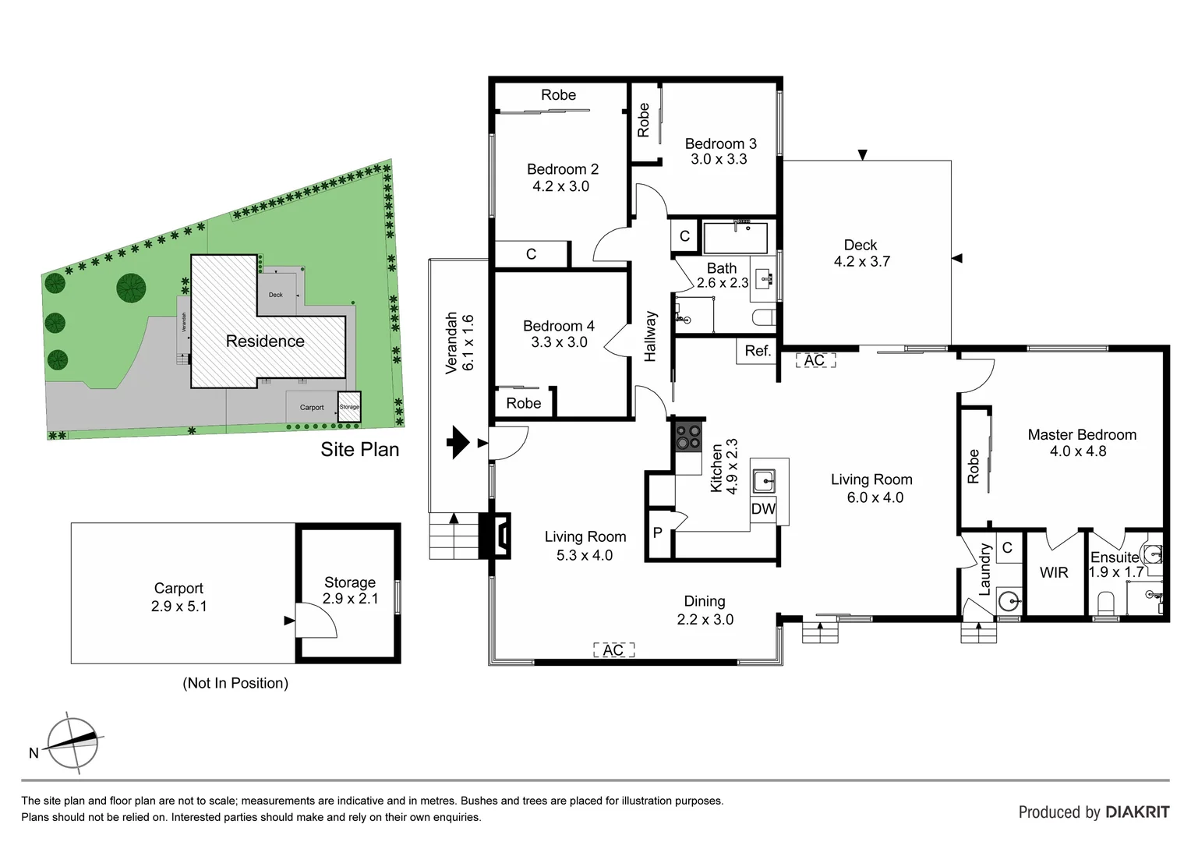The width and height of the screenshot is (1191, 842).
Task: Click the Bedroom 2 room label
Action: coord(562,169)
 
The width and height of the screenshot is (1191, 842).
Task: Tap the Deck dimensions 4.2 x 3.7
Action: coord(861,262)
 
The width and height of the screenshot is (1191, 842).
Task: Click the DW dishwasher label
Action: coord(763,509)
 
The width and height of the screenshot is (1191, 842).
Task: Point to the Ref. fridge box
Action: coord(757,351)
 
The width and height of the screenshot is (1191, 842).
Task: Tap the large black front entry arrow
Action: coord(458,443)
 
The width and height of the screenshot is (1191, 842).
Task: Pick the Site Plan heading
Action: coord(359,450)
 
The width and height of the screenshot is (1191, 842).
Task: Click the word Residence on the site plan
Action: coord(265,341)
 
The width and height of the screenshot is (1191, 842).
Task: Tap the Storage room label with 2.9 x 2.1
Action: coord(350,590)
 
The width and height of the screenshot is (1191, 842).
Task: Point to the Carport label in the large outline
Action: coord(178,589)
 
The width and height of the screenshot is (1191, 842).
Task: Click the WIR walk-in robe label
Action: coord(1054,573)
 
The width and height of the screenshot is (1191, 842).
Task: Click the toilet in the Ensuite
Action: coord(1105,603)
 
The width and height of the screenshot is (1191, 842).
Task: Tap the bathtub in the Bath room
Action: coord(735,238)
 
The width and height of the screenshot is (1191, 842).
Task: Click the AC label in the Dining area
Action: coord(613,650)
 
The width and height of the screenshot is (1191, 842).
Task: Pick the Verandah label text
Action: coord(451,343)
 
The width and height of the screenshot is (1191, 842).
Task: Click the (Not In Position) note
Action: coord(235,683)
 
